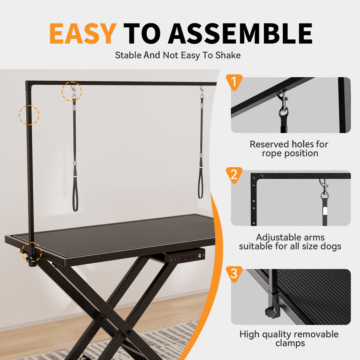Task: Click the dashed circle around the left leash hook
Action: (72, 92)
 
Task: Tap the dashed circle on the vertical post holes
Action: (29, 115)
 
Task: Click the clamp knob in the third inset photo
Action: (270, 311)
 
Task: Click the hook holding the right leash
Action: (202, 92)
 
